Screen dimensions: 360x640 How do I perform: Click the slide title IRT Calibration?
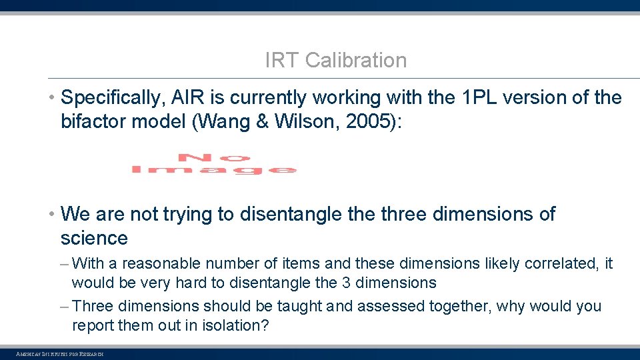(x=335, y=60)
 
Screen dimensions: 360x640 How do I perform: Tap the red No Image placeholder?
(x=213, y=164)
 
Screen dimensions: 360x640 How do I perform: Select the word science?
(x=94, y=238)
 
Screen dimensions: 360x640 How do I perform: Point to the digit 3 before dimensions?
(x=345, y=283)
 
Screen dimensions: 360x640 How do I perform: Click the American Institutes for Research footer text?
(x=60, y=353)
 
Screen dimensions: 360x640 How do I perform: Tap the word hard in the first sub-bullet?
(x=191, y=283)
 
